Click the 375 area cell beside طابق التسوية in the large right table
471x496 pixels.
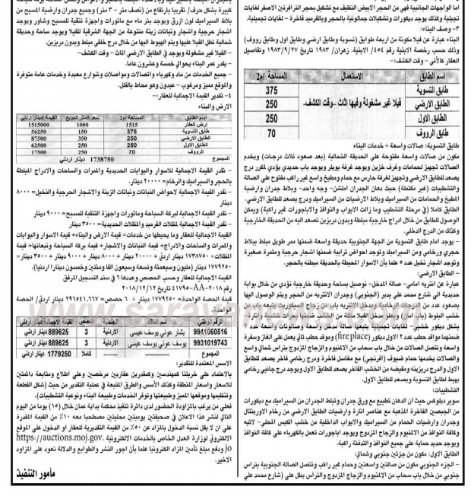click(271, 89)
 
